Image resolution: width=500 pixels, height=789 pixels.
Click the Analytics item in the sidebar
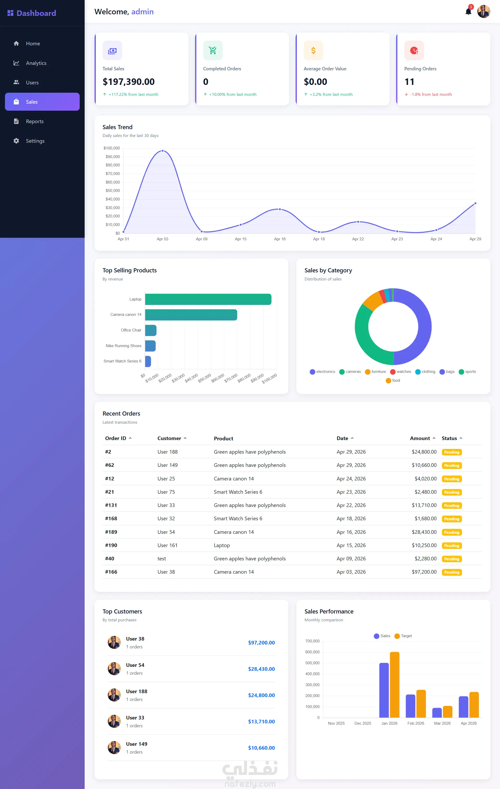pos(36,63)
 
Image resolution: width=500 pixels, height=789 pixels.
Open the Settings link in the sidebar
pos(35,141)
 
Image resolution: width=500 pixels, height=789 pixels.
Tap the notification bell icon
pos(468,12)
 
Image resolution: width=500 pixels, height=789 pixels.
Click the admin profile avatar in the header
pos(484,11)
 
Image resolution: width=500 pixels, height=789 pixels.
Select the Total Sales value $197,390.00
pos(128,82)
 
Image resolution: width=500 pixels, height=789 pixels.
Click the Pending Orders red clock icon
pos(414,51)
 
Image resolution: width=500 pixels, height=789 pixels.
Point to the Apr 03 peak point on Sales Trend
pos(162,151)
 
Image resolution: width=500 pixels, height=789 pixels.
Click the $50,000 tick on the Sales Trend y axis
pos(113,191)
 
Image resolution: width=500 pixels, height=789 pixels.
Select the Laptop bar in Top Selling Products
pos(208,299)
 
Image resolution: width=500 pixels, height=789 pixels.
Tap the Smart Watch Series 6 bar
pos(148,361)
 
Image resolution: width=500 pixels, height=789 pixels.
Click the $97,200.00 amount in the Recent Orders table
pos(424,572)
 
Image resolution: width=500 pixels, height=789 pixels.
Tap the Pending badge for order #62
pos(452,465)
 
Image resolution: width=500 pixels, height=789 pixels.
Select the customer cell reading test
pos(161,559)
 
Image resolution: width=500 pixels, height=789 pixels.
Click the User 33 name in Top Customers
pos(135,718)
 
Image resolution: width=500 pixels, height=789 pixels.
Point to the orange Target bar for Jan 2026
pos(395,685)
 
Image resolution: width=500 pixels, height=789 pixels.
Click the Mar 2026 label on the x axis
pos(442,723)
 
